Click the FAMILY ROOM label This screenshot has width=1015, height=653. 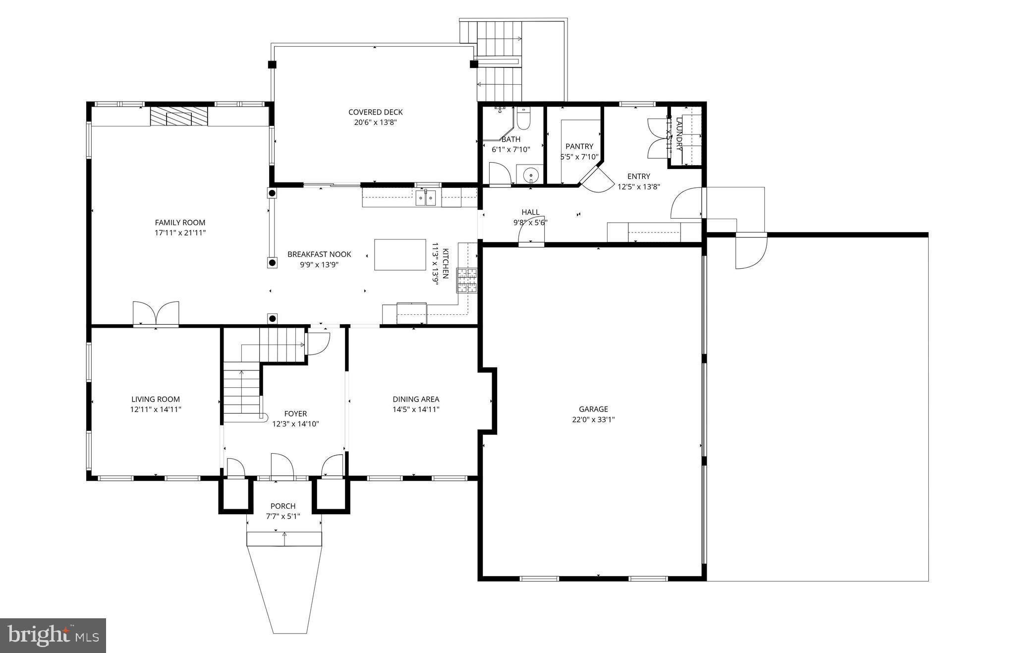click(180, 223)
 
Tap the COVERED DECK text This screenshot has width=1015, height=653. click(375, 112)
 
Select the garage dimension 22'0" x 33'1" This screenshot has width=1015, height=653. click(593, 419)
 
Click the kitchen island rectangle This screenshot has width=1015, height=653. click(400, 254)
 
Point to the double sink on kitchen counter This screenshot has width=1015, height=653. click(426, 198)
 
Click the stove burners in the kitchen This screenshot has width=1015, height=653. click(466, 280)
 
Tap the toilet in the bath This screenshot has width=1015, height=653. click(523, 119)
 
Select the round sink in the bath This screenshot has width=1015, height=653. click(530, 175)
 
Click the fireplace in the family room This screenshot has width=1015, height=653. click(178, 117)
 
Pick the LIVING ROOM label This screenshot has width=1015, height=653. click(156, 399)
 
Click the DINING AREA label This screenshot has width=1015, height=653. click(416, 399)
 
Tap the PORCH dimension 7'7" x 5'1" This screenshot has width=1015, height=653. click(283, 516)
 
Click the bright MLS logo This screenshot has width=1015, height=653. click(53, 635)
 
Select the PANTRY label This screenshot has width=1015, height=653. click(579, 146)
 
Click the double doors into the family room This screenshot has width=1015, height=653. click(156, 313)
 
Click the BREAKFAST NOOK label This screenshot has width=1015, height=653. click(319, 254)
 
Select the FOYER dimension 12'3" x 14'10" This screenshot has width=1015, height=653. click(295, 424)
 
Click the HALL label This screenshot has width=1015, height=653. click(530, 212)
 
